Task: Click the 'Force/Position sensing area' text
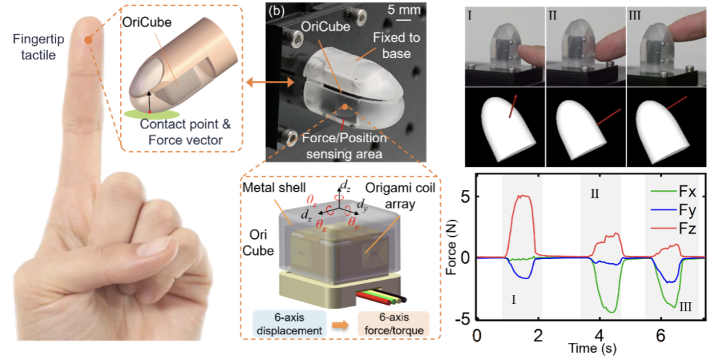pos(344,146)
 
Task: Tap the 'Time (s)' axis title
pos(592,349)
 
